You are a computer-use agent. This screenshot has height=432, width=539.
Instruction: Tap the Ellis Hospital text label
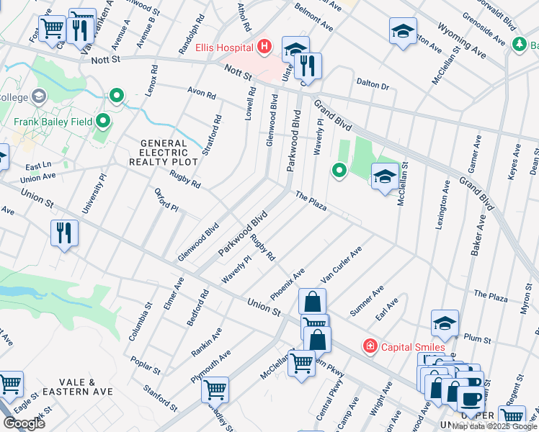coord(224,48)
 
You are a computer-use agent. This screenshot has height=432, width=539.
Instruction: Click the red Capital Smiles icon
coord(370,346)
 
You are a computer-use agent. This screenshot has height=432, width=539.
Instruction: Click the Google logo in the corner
coord(24,423)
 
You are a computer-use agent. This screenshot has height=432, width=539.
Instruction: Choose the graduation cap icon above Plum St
coord(445,323)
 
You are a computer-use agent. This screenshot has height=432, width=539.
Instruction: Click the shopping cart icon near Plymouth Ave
coord(215,389)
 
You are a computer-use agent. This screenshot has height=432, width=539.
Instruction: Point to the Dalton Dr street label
coord(373,86)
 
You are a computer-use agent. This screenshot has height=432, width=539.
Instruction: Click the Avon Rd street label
coord(201,94)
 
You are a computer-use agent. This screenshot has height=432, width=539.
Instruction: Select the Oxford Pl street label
coord(166,199)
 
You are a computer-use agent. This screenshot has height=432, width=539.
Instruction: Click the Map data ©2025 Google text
coord(494,426)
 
